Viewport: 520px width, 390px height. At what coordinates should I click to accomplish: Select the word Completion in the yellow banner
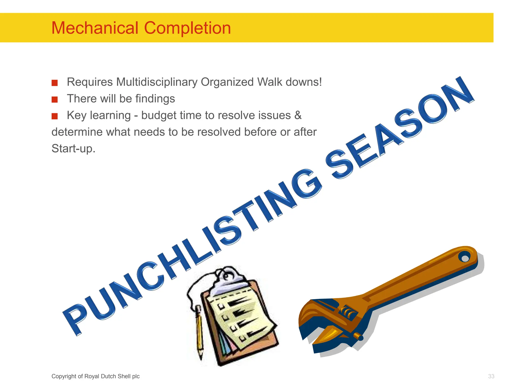tap(187, 28)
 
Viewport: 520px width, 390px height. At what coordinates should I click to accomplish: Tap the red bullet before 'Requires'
tap(55, 83)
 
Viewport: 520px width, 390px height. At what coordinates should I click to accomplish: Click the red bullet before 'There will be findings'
tap(55, 99)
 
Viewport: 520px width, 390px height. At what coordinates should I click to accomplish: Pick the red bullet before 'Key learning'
tap(55, 116)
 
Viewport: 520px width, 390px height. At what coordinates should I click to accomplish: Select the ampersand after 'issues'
tap(298, 115)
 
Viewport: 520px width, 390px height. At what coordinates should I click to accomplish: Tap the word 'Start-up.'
tap(73, 149)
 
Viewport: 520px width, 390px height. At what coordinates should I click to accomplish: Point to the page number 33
tap(491, 376)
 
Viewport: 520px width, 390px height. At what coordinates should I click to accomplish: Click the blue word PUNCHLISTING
tap(193, 251)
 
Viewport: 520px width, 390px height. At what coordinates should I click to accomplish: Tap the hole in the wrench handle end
tap(465, 258)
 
